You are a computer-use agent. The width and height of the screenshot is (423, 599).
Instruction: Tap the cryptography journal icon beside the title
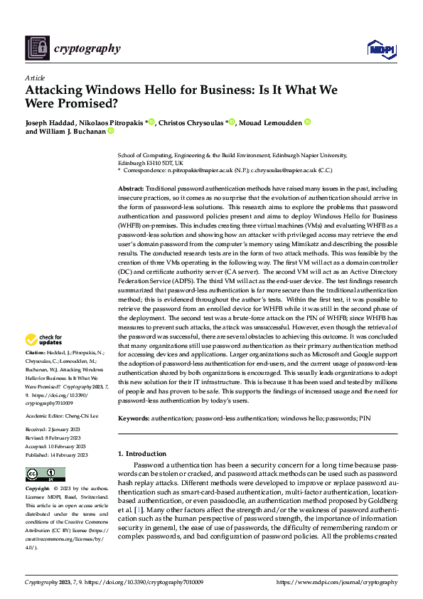pos(38,48)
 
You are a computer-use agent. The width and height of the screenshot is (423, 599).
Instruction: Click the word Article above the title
pos(35,78)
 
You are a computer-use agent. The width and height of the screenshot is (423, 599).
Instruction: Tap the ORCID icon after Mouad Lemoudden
pos(307,122)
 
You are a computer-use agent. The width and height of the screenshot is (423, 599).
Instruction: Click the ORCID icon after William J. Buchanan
pos(111,131)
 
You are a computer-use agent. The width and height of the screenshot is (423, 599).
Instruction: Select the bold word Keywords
pos(134,419)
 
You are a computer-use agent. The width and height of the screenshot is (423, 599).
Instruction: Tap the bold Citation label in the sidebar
pos(36,352)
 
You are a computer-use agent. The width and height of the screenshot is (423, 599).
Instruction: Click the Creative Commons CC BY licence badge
pos(45,474)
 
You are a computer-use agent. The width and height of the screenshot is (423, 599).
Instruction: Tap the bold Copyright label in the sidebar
pos(38,489)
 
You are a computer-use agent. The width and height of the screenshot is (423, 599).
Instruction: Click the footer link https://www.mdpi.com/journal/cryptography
pos(338,581)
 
